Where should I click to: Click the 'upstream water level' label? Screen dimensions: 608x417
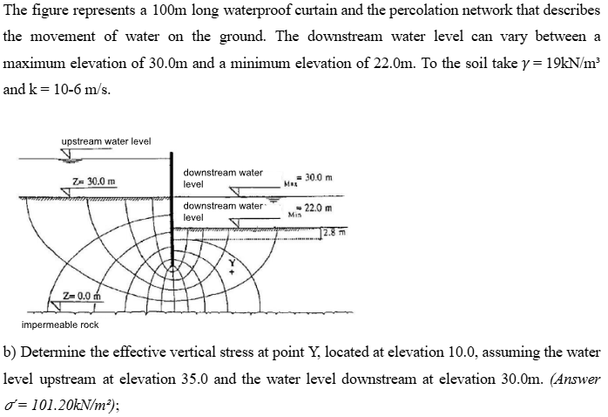pyautogui.click(x=105, y=141)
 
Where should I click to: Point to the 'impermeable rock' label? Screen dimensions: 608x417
pyautogui.click(x=60, y=325)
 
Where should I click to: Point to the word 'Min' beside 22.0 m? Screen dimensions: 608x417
pyautogui.click(x=295, y=215)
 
